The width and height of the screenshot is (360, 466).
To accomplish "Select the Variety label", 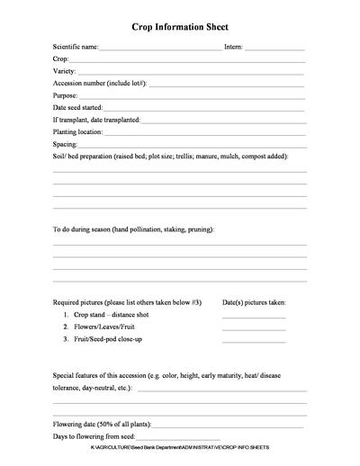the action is coord(65,69).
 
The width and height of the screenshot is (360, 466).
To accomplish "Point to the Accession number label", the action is coord(99,82).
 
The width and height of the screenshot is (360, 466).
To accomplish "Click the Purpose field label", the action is coord(66,94).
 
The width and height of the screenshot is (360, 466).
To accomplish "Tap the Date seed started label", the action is coord(78,107).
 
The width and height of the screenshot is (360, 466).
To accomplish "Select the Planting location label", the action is coord(78,131).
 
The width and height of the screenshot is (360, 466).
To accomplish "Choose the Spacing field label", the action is coord(65,144).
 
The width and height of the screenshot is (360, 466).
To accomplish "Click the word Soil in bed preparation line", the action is coord(60,157).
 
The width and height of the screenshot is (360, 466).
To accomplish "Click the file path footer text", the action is coord(180,447).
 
